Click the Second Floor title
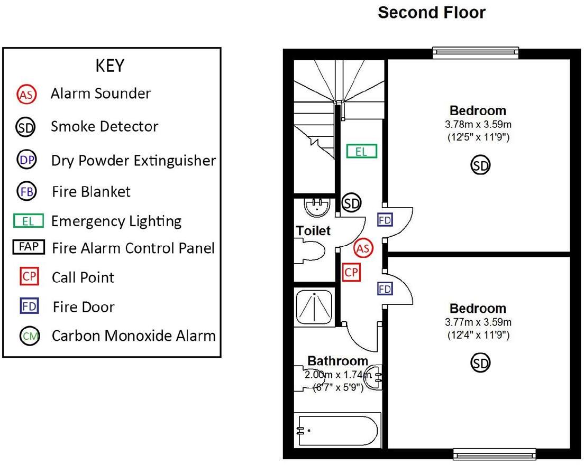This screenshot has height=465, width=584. [432, 13]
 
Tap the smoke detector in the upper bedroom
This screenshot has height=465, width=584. [480, 166]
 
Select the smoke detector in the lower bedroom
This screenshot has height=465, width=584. [480, 363]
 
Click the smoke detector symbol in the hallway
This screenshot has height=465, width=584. [352, 203]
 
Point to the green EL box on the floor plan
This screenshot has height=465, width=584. [362, 152]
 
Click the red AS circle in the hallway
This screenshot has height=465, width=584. [363, 248]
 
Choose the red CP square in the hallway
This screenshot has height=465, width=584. [351, 273]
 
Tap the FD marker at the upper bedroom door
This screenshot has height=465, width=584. [385, 219]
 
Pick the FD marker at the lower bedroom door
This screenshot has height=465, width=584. [385, 289]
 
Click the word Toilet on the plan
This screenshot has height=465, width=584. [313, 231]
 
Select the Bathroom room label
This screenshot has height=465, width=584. [337, 361]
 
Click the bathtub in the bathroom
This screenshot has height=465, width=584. [337, 431]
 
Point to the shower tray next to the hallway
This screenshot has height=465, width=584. [315, 306]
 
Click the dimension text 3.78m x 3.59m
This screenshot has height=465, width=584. [478, 125]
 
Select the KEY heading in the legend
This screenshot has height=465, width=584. [110, 66]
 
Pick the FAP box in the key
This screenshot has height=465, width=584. [29, 247]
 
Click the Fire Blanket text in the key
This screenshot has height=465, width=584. [91, 191]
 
